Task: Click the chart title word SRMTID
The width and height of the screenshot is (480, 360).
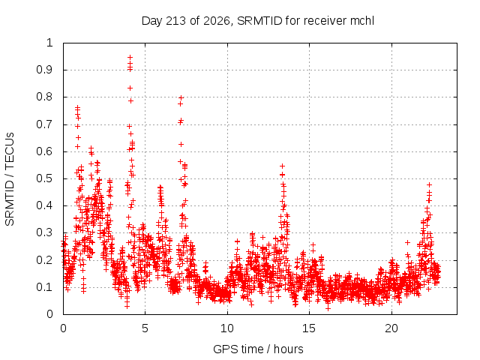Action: (259, 21)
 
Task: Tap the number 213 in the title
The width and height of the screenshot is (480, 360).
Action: (175, 21)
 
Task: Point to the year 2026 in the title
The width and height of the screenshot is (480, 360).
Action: (214, 21)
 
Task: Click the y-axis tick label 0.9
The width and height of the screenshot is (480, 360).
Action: (44, 70)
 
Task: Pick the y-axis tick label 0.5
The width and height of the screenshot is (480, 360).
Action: (44, 178)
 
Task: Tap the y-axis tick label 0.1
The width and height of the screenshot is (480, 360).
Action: (44, 287)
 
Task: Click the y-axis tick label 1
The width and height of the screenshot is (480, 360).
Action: (49, 43)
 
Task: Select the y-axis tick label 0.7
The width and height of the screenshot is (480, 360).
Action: (44, 124)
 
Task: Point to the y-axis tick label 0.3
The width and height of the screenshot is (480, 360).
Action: (44, 232)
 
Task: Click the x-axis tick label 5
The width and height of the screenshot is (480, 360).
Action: (145, 328)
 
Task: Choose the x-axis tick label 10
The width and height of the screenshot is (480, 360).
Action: (227, 328)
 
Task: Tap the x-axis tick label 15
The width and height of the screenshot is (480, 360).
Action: (309, 328)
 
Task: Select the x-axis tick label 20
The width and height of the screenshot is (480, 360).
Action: (391, 328)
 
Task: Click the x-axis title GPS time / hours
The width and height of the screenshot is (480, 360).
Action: (258, 349)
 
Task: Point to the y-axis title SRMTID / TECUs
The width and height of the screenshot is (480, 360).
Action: (10, 178)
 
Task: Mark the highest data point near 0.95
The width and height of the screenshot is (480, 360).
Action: (130, 57)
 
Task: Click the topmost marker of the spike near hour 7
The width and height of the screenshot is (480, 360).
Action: (181, 97)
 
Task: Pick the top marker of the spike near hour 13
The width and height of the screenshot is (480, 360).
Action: (282, 166)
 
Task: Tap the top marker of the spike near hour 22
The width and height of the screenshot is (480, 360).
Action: (429, 184)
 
